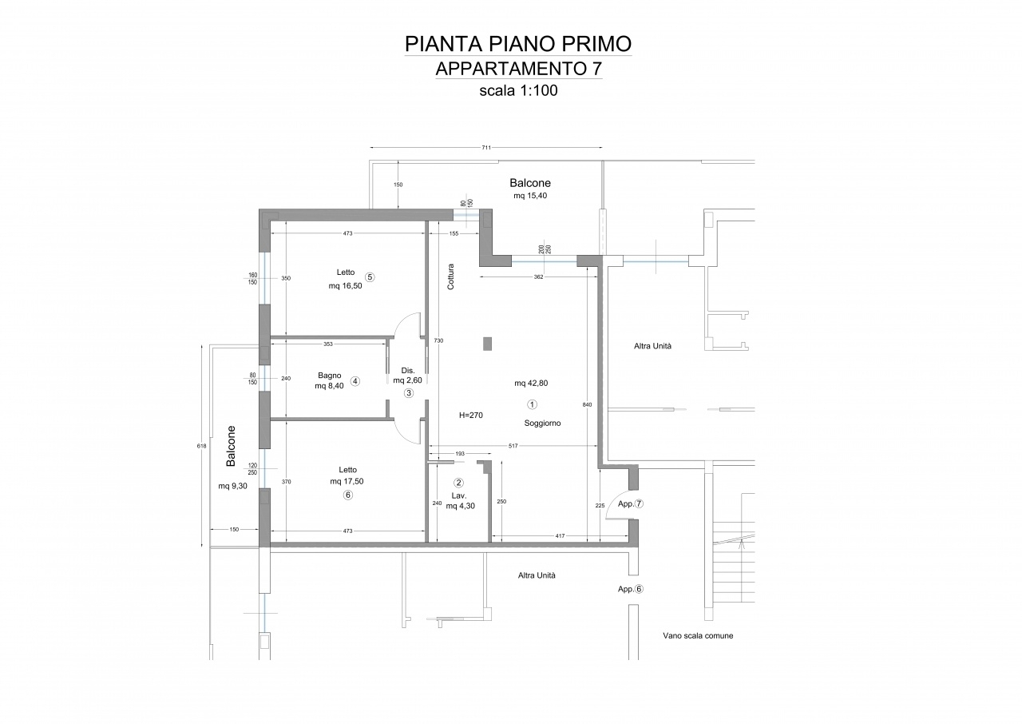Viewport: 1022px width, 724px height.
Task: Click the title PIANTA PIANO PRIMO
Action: tap(518, 44)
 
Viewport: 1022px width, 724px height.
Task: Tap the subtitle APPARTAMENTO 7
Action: tap(519, 69)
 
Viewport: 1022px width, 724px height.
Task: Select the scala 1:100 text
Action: tap(518, 90)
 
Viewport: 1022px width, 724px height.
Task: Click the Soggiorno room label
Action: tap(542, 424)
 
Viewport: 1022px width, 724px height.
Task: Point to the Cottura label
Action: tap(451, 276)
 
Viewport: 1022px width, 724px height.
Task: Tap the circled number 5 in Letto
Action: tap(370, 277)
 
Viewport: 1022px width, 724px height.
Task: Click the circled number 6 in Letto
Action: tap(347, 495)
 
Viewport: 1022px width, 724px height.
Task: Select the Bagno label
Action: tap(330, 376)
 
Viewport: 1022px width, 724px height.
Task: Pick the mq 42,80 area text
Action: tap(531, 384)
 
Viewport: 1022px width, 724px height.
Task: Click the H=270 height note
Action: tap(471, 416)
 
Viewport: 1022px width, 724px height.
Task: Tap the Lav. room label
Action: tap(458, 495)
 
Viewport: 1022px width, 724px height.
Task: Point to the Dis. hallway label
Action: tap(407, 371)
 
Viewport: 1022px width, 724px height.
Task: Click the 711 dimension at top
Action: tap(486, 148)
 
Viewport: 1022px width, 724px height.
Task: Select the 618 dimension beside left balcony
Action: tap(202, 446)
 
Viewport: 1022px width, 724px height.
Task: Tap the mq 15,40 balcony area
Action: tap(530, 196)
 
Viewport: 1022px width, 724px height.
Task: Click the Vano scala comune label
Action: tap(698, 635)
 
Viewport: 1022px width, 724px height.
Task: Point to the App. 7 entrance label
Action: tap(631, 504)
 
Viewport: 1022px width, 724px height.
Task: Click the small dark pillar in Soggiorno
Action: tap(487, 344)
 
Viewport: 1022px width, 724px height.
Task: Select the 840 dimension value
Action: tap(587, 404)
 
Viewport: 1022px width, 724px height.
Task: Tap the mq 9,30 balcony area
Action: tap(232, 486)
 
